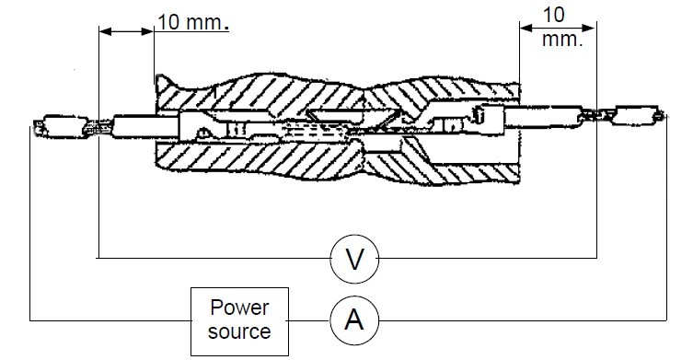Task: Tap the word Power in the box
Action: (x=239, y=308)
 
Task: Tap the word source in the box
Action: (x=239, y=331)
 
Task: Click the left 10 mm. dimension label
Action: (x=193, y=22)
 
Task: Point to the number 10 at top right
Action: (x=553, y=15)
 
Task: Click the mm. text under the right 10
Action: (x=562, y=40)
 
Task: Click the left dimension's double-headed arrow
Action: (x=126, y=31)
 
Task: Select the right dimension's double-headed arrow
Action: (x=558, y=28)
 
